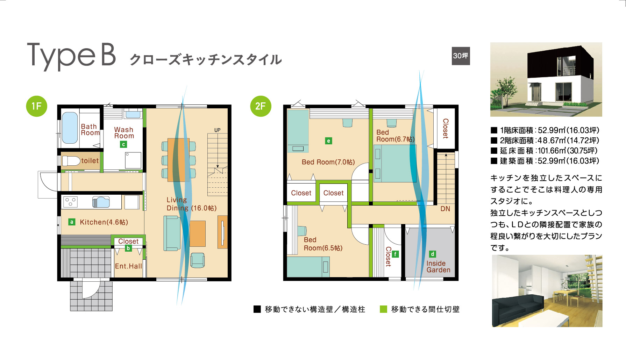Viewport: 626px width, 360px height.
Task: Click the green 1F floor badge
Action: click(37, 106)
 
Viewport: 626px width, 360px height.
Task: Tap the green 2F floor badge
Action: click(261, 106)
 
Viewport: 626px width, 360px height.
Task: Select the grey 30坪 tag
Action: click(461, 56)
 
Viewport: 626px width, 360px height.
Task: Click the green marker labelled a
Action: click(72, 222)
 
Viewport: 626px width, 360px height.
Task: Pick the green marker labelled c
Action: click(123, 144)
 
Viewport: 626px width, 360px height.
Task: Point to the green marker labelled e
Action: click(328, 141)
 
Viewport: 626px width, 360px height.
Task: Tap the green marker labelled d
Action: click(432, 254)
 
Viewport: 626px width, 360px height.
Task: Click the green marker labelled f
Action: click(395, 254)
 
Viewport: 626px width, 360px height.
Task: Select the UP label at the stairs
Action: click(218, 130)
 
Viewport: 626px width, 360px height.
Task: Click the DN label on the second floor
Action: click(445, 209)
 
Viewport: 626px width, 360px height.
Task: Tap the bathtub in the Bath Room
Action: click(70, 128)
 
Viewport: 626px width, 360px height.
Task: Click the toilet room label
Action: click(90, 161)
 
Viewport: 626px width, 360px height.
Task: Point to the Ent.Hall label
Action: click(129, 266)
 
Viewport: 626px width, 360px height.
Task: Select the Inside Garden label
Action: click(438, 267)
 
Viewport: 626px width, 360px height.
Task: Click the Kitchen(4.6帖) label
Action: click(104, 222)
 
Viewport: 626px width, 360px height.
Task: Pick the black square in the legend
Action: click(257, 309)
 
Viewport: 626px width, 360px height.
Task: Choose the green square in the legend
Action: click(383, 309)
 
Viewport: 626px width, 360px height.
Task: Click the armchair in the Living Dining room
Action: click(198, 260)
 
